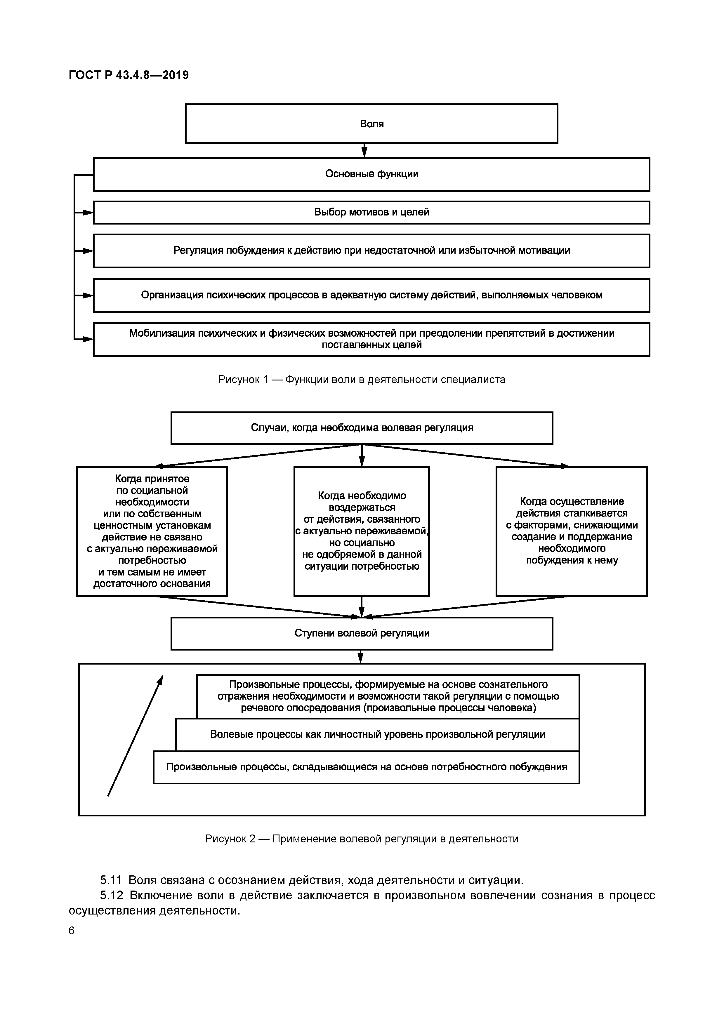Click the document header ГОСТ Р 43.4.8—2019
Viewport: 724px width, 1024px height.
coord(129,75)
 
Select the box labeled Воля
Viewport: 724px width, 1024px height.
coord(371,124)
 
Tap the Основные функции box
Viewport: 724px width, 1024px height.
coord(371,174)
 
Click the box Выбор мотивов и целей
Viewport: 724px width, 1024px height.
coord(371,212)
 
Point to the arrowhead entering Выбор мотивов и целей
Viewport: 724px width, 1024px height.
coord(88,213)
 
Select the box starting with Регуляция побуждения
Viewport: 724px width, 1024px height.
coord(371,251)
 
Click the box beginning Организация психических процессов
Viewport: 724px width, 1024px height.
coord(371,295)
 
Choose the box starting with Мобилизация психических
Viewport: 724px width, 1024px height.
coord(371,339)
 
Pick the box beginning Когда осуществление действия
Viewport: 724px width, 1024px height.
coord(572,531)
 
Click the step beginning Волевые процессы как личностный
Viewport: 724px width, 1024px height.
coord(377,735)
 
